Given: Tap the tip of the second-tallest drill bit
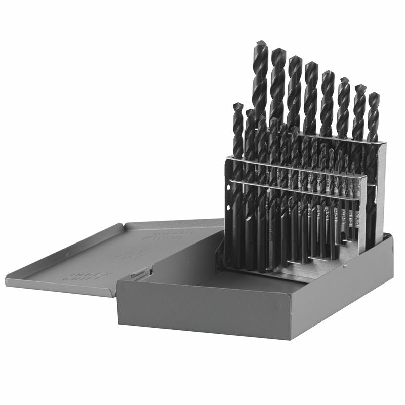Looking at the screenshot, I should coord(278,50).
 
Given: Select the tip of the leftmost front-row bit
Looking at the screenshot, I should coord(237,105).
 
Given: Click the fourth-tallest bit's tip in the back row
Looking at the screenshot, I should coord(311,64).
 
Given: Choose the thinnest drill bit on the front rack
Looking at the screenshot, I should coord(357,202).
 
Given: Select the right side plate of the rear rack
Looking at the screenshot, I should coord(380,192).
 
